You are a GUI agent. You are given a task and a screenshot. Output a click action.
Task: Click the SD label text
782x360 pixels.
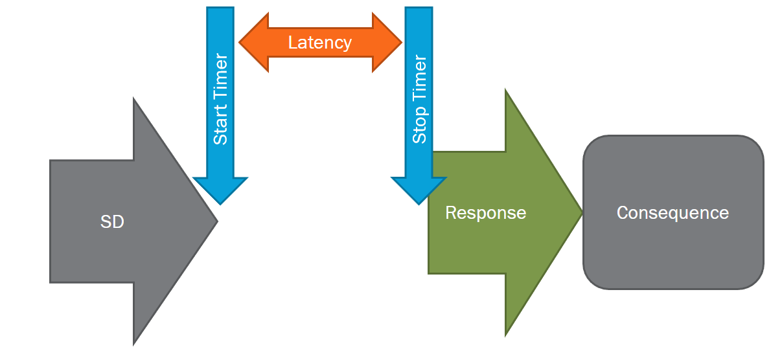[x=112, y=222]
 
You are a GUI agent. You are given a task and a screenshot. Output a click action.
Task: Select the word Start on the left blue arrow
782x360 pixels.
[x=220, y=128]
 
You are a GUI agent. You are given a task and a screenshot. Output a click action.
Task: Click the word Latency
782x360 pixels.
[x=320, y=43]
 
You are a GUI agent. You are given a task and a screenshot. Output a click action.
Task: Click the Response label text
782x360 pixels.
[x=485, y=212]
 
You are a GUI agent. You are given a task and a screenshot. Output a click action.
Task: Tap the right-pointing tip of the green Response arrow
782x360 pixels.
[x=581, y=212]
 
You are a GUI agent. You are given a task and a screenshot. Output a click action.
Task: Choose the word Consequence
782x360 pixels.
[x=673, y=212]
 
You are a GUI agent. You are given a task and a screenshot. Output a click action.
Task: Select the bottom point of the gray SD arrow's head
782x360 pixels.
[x=134, y=343]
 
